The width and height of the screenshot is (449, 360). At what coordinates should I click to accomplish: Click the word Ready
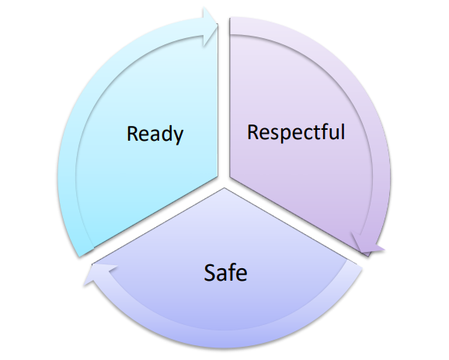pyautogui.click(x=155, y=135)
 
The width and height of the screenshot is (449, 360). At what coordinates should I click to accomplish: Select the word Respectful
pyautogui.click(x=296, y=132)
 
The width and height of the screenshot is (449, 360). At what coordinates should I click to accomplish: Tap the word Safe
pyautogui.click(x=225, y=273)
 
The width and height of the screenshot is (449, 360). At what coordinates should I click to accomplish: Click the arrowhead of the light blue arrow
pyautogui.click(x=211, y=26)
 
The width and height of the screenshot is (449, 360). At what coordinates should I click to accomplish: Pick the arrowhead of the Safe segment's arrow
pyautogui.click(x=100, y=273)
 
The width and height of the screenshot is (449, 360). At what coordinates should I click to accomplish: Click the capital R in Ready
pyautogui.click(x=132, y=134)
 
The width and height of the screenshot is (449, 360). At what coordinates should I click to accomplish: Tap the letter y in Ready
pyautogui.click(x=178, y=137)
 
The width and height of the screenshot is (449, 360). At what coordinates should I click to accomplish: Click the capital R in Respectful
pyautogui.click(x=252, y=132)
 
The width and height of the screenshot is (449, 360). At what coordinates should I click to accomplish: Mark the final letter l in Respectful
pyautogui.click(x=343, y=131)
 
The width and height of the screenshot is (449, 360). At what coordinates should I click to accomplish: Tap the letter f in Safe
pyautogui.click(x=231, y=271)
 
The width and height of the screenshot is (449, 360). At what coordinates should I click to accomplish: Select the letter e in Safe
pyautogui.click(x=242, y=275)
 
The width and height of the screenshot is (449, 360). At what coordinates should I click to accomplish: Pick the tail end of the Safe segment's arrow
pyautogui.click(x=354, y=264)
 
